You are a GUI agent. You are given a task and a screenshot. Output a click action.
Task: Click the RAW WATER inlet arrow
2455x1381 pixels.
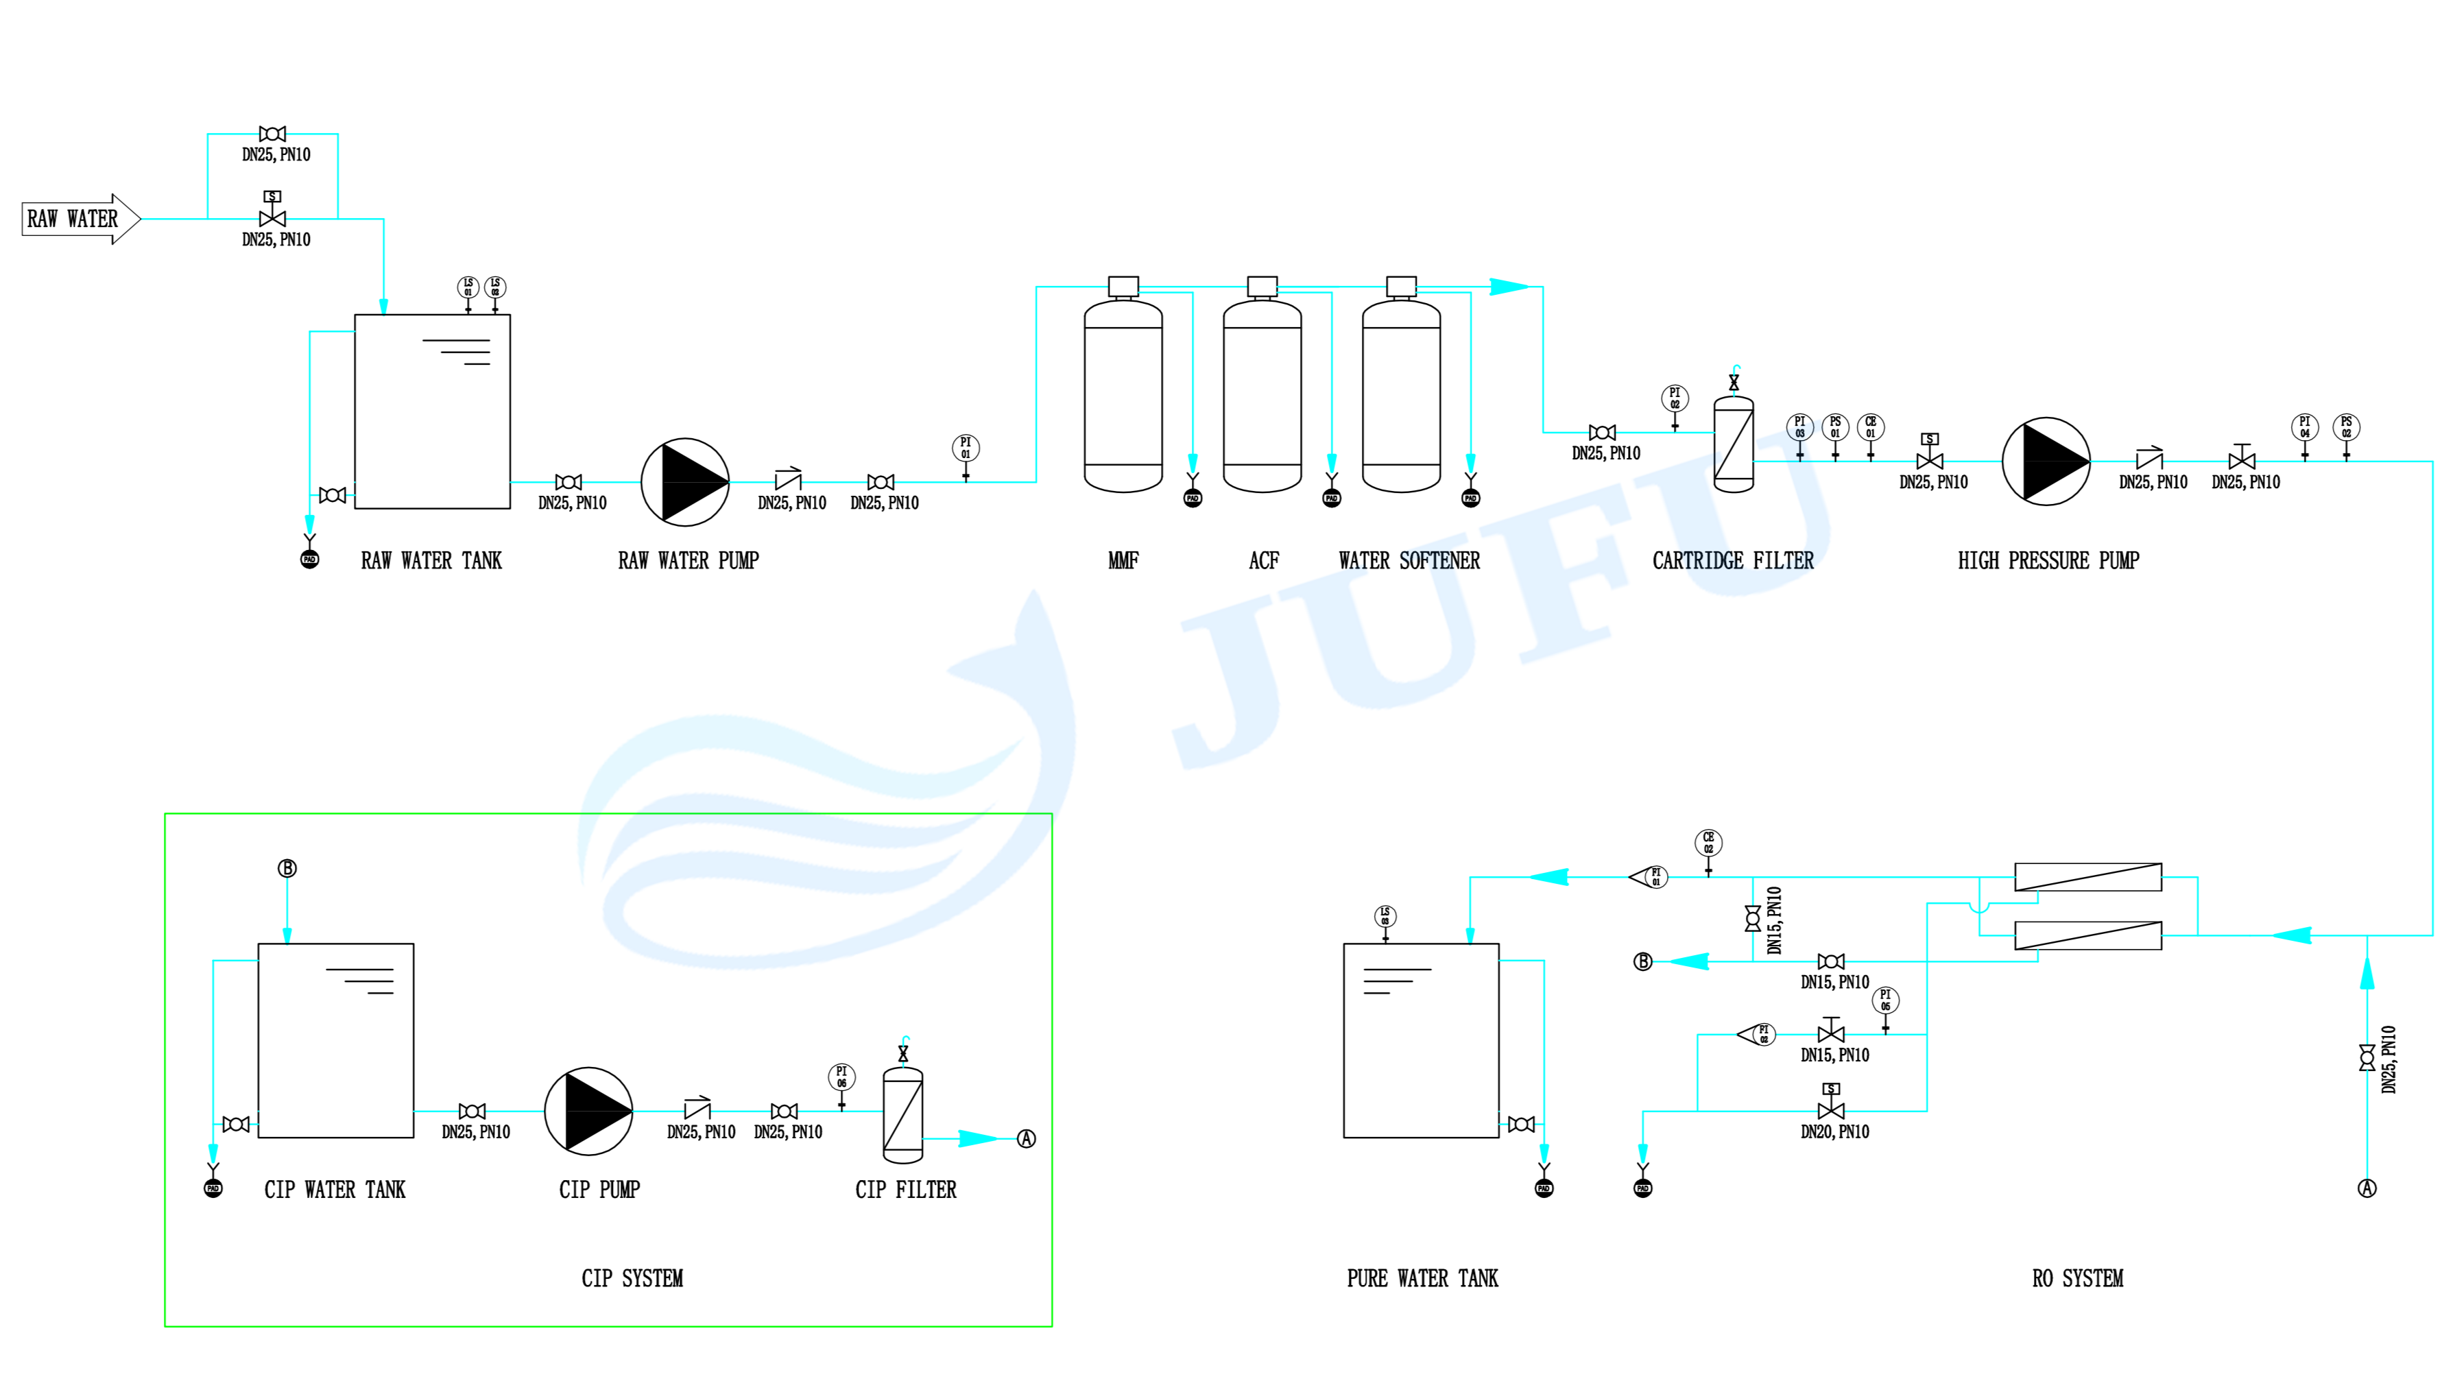pyautogui.click(x=81, y=219)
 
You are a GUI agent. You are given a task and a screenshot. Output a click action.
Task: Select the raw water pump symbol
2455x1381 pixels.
pyautogui.click(x=684, y=482)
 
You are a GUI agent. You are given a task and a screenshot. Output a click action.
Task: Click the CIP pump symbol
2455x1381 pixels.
pyautogui.click(x=588, y=1112)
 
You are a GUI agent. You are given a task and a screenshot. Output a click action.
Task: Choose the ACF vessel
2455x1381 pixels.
pyautogui.click(x=1262, y=396)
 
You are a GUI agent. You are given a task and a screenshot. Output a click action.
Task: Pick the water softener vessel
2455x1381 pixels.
pyautogui.click(x=1401, y=396)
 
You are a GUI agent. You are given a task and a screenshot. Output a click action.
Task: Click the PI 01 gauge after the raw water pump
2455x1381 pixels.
pyautogui.click(x=966, y=448)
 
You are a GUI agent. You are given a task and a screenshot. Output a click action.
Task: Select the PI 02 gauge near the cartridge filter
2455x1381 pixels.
pyautogui.click(x=1675, y=398)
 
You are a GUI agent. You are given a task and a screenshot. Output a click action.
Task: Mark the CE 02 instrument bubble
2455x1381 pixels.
pyautogui.click(x=1708, y=843)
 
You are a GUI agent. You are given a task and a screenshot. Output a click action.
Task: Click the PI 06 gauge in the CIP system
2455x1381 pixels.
pyautogui.click(x=841, y=1077)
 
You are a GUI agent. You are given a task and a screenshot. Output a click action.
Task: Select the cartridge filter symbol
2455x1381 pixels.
pyautogui.click(x=1733, y=445)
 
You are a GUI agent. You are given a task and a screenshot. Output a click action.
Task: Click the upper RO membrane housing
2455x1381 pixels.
pyautogui.click(x=2087, y=877)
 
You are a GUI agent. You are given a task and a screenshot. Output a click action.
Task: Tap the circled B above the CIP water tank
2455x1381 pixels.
pyautogui.click(x=287, y=868)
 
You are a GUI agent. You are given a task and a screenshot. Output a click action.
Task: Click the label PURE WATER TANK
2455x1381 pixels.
pyautogui.click(x=1422, y=1278)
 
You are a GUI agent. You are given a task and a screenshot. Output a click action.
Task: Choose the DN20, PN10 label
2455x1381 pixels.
pyautogui.click(x=1834, y=1132)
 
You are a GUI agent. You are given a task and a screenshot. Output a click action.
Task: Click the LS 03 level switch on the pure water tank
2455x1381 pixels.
pyautogui.click(x=1385, y=916)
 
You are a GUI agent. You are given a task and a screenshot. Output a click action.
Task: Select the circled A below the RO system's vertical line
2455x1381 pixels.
pyautogui.click(x=2367, y=1188)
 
